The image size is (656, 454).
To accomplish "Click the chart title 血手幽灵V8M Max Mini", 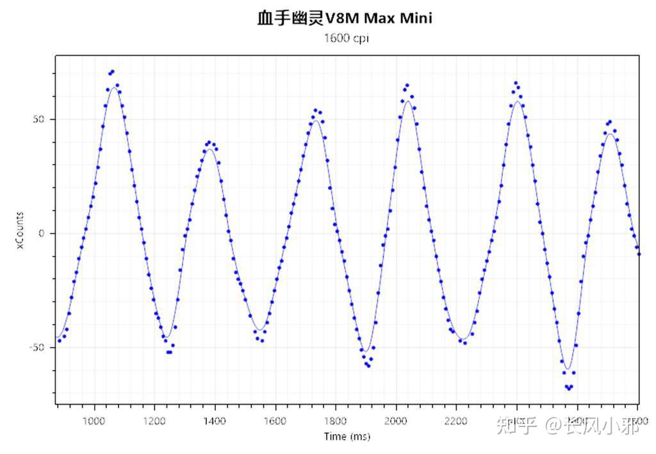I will tap(345, 18).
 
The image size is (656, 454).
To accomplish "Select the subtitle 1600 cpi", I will tap(347, 38).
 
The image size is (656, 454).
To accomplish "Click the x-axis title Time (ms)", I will tap(347, 437).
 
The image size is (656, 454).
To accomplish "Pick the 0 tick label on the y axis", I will tap(42, 233).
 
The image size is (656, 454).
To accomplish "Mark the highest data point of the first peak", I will tap(112, 71).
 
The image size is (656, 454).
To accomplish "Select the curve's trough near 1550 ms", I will tap(259, 331).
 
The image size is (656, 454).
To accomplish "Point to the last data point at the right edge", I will tap(639, 254).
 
